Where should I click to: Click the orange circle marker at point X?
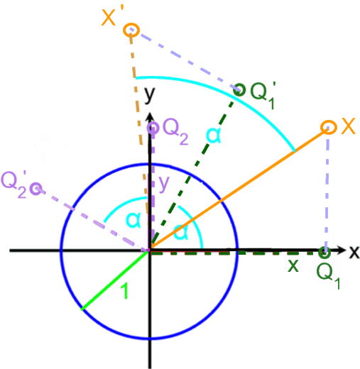tap(329, 127)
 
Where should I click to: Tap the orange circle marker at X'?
tap(131, 30)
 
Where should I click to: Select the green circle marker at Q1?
tap(324, 253)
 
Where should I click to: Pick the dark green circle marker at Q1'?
tap(239, 90)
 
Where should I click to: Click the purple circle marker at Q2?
tap(153, 128)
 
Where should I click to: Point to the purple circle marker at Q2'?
tap(36, 189)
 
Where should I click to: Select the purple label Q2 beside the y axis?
tap(175, 131)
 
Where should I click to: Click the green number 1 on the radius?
tap(124, 291)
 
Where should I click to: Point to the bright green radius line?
tap(115, 280)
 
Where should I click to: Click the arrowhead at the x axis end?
tap(342, 250)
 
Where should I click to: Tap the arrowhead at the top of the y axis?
tap(150, 117)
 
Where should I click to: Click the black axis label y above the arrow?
tap(150, 95)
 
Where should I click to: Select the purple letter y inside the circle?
tap(164, 184)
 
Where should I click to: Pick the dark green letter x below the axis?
tap(293, 265)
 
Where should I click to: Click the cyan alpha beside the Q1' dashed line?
tap(214, 135)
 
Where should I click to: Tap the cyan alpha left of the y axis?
tap(133, 220)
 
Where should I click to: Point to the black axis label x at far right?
tap(354, 252)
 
